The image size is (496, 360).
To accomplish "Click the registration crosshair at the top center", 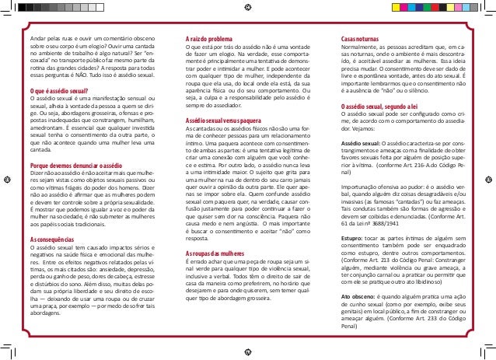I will click(x=247, y=5).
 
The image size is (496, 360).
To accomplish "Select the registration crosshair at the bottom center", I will click(x=247, y=354).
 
